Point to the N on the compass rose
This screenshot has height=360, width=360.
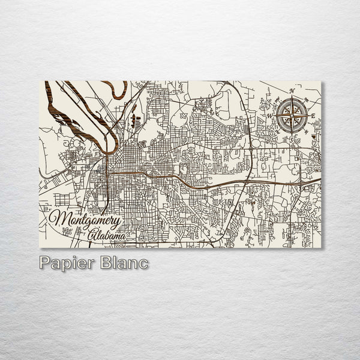(x=292, y=91)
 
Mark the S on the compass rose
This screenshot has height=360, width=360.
(x=290, y=139)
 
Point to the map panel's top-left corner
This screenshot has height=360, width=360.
(x=40, y=81)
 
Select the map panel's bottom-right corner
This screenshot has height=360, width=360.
(x=320, y=247)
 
